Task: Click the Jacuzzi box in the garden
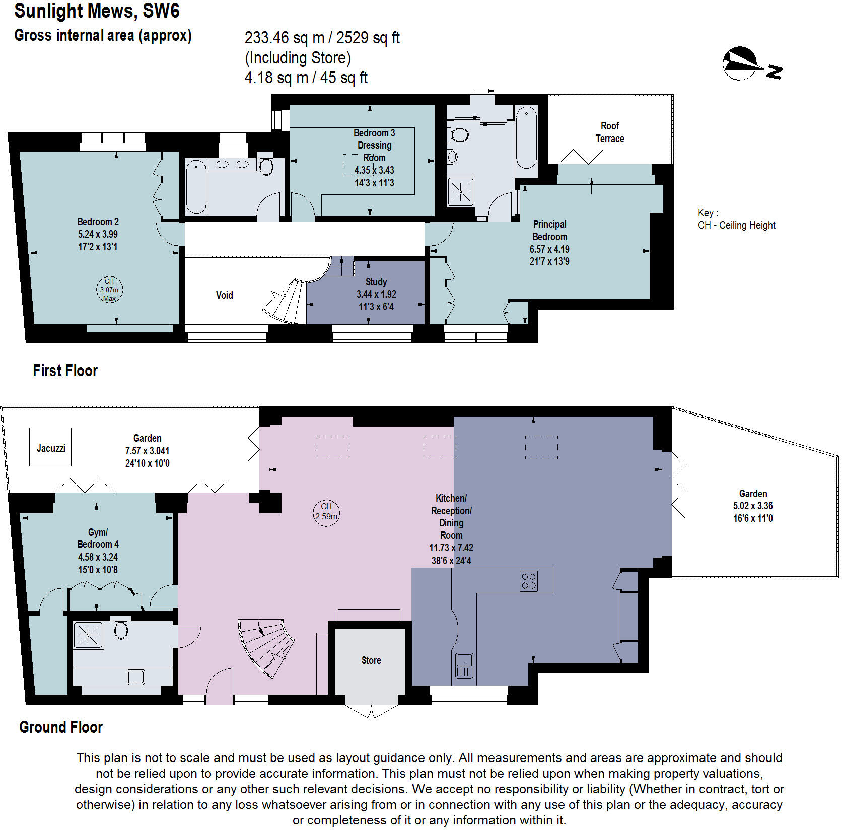tap(50, 447)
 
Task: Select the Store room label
tap(371, 660)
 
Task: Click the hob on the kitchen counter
tap(529, 580)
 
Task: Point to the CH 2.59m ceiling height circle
tap(326, 512)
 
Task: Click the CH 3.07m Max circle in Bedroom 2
tap(109, 289)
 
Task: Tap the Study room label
tap(376, 282)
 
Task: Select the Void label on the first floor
tap(225, 295)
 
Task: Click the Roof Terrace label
tap(610, 132)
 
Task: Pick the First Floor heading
tap(65, 371)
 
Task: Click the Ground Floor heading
tap(61, 727)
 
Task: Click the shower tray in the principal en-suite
tap(461, 191)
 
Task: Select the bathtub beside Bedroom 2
tap(196, 187)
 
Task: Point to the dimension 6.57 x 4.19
tap(549, 249)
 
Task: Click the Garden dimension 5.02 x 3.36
tap(753, 506)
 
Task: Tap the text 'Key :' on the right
tap(708, 213)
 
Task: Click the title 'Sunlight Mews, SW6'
tap(97, 11)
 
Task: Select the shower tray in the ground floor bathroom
tap(88, 635)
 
